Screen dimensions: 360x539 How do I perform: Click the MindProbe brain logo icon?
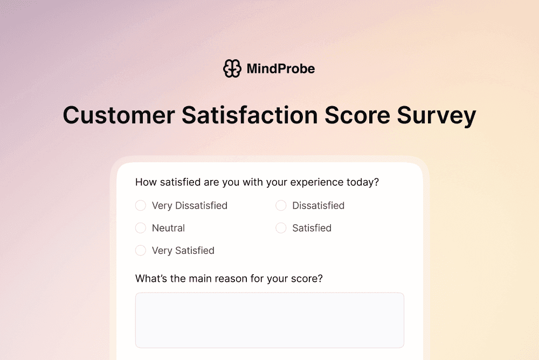(232, 68)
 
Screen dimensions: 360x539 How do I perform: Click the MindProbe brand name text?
(280, 69)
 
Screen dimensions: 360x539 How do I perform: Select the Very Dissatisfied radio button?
(141, 205)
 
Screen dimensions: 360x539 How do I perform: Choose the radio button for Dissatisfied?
(281, 205)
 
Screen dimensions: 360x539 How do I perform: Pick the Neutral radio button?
(141, 228)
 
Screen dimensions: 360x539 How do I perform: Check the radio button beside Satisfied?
(281, 228)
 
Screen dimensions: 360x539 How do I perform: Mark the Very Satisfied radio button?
(141, 251)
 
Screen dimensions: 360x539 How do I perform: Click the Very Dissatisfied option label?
(190, 205)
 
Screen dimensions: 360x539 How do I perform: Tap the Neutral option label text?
(168, 228)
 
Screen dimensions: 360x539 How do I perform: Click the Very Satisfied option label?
(183, 251)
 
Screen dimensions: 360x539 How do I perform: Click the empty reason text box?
(269, 320)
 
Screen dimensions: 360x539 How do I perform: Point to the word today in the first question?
(363, 182)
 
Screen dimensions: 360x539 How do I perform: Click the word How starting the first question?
(146, 182)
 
